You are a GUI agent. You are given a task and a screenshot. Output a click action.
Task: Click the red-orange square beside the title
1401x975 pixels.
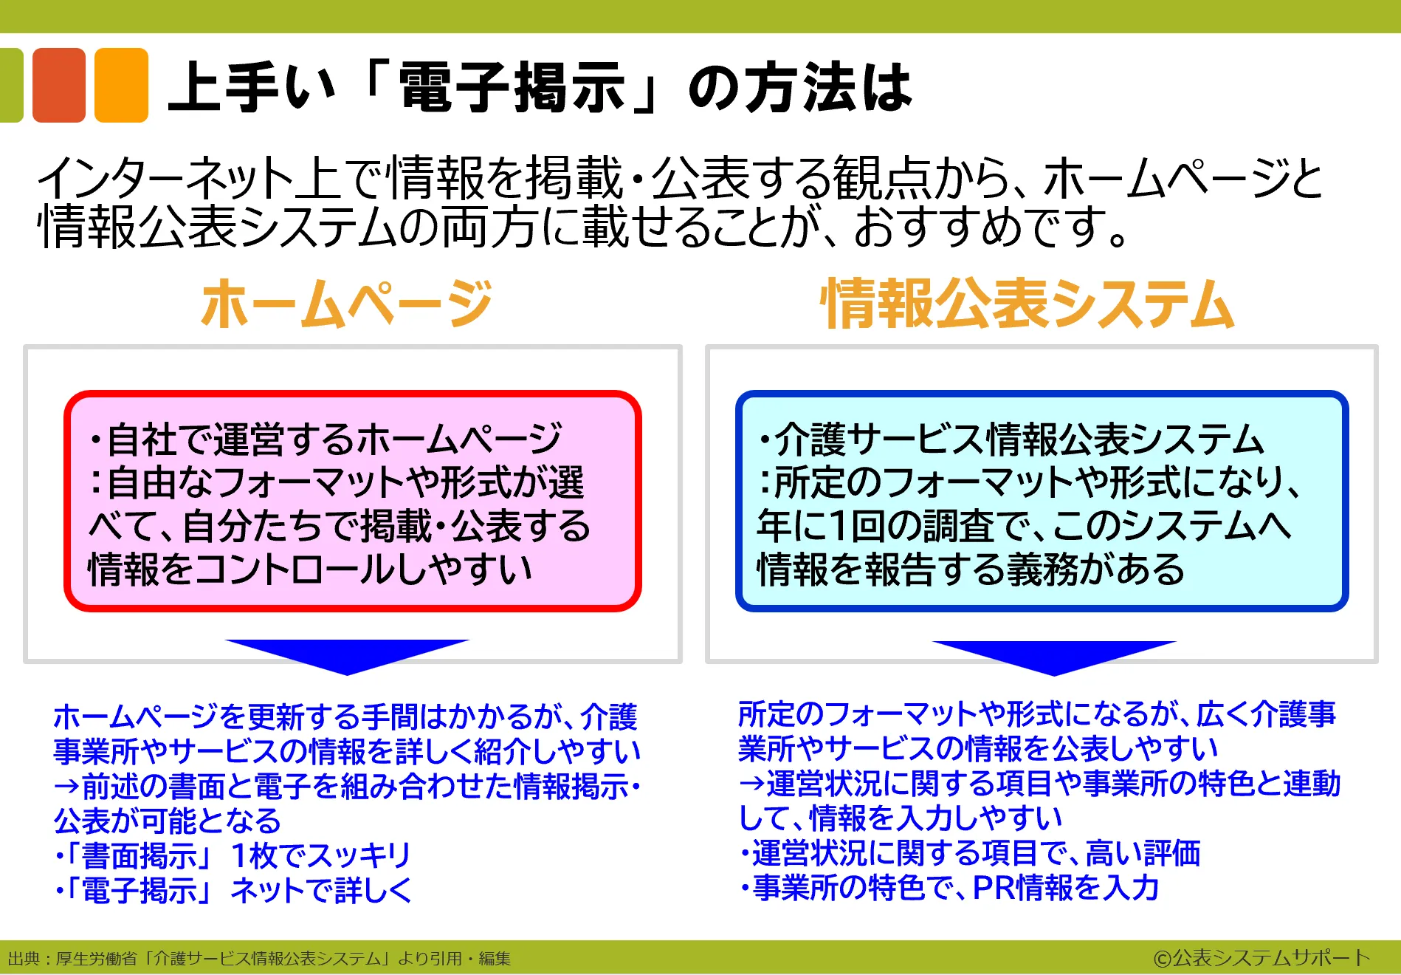point(59,85)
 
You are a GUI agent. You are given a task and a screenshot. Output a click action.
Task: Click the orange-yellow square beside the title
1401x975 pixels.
point(121,85)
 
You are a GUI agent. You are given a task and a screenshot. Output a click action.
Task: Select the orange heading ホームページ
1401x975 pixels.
point(346,304)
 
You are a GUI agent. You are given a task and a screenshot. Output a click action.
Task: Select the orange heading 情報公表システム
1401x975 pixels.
point(1027,304)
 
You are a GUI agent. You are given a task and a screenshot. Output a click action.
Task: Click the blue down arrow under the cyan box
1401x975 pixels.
point(1054,657)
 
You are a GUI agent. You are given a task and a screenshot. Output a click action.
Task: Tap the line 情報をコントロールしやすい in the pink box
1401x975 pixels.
point(310,569)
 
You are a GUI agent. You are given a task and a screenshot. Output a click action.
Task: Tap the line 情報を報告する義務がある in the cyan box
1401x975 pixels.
point(971,569)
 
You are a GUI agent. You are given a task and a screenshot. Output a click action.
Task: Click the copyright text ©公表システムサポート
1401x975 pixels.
point(1261,958)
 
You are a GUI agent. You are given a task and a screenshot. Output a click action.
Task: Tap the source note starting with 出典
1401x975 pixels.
point(259,959)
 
